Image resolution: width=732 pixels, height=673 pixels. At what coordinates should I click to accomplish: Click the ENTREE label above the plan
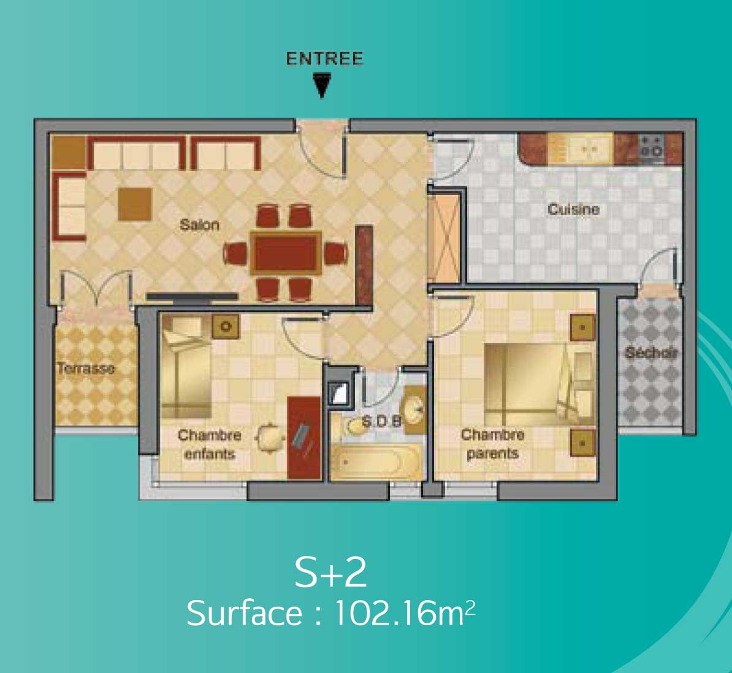click(x=324, y=59)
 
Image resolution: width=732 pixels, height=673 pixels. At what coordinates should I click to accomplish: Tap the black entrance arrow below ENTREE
click(x=322, y=86)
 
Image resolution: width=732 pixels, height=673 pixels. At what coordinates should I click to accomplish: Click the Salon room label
click(x=199, y=225)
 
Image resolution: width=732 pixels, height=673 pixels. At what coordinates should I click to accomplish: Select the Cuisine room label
click(x=573, y=209)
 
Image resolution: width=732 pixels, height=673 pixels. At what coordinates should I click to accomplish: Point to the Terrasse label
click(x=85, y=369)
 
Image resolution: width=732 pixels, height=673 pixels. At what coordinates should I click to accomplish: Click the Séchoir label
click(x=651, y=352)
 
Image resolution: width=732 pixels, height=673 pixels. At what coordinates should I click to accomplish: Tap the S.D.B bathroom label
click(x=381, y=422)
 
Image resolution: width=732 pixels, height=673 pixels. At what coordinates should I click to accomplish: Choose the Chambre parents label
click(x=492, y=444)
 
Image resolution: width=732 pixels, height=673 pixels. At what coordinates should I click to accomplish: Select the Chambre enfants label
click(x=210, y=444)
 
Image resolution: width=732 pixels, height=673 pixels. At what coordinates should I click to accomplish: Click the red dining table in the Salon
click(x=286, y=253)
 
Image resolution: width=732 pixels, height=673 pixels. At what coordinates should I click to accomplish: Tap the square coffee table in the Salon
click(x=134, y=204)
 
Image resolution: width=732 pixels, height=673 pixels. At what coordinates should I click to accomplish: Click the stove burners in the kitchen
click(x=651, y=146)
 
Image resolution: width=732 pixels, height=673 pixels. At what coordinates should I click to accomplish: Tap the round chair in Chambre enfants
click(x=269, y=438)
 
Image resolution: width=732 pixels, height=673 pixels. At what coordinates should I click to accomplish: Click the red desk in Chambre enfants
click(x=304, y=438)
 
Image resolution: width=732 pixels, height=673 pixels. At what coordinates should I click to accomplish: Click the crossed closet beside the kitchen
click(x=444, y=238)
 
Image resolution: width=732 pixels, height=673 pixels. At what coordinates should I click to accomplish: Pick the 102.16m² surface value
click(x=405, y=613)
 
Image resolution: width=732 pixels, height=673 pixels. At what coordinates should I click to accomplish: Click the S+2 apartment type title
click(x=330, y=572)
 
